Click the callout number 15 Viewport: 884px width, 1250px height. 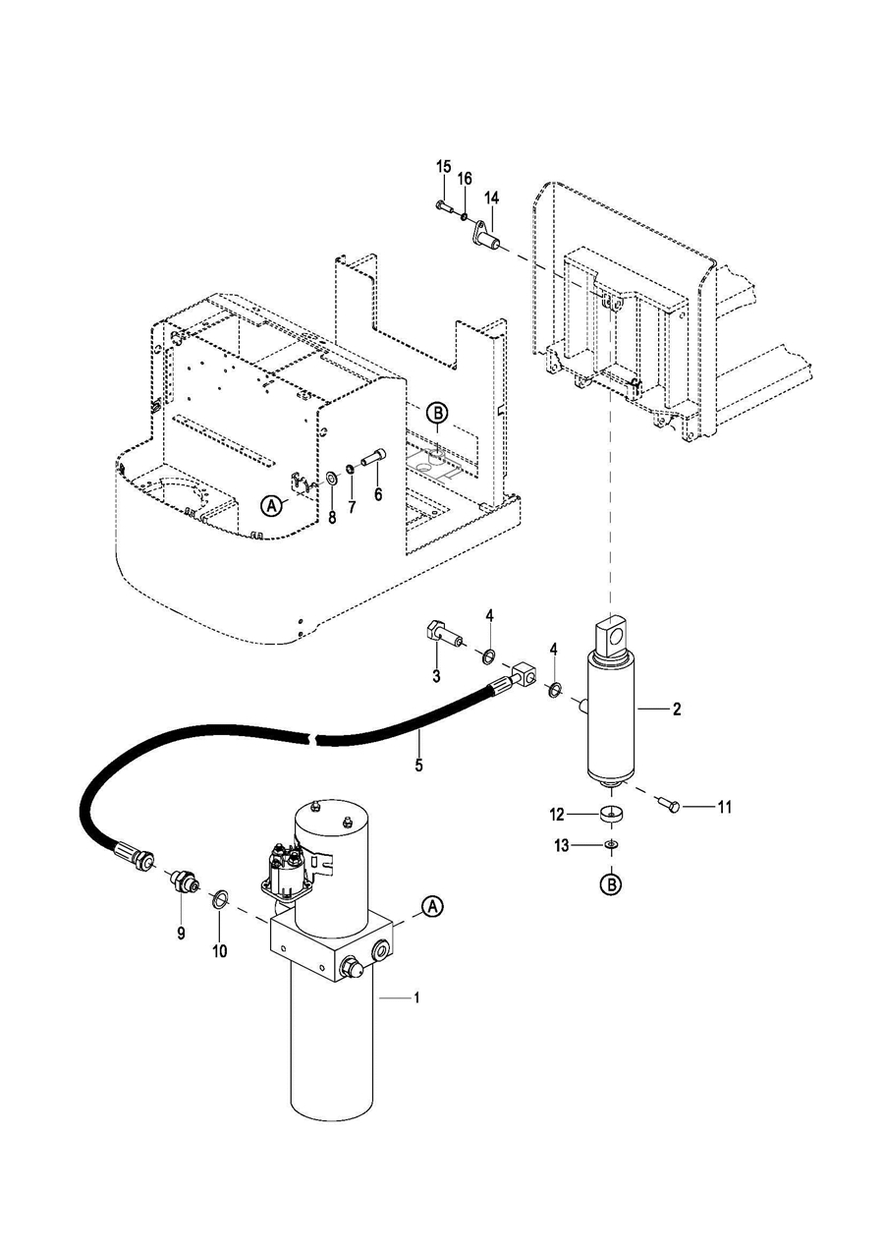[x=443, y=166]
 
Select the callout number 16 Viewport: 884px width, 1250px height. [x=465, y=179]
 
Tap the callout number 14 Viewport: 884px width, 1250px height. [x=489, y=198]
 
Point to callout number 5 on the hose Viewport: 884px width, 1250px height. [x=419, y=765]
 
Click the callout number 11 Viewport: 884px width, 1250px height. [x=725, y=807]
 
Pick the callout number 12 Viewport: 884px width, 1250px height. [x=558, y=815]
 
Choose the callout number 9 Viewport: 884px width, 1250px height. [x=181, y=934]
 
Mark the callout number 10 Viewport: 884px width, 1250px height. [x=220, y=950]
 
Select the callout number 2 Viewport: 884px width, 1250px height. [x=677, y=709]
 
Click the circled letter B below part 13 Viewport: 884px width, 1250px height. [x=611, y=884]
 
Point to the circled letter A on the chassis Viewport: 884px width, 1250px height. [x=272, y=504]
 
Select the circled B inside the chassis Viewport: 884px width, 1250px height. [x=436, y=414]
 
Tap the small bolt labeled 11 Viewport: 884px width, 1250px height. [x=668, y=806]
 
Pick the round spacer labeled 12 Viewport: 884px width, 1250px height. [x=610, y=815]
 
